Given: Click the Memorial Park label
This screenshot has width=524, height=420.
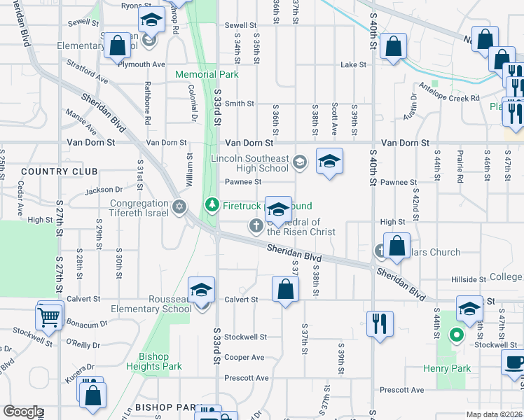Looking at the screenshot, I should pyautogui.click(x=207, y=74).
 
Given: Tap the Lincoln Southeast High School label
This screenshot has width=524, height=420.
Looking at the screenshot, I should pyautogui.click(x=250, y=163).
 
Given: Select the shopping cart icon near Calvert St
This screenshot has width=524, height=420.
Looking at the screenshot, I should pyautogui.click(x=49, y=317).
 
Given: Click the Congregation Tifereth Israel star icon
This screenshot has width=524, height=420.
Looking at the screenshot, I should pyautogui.click(x=179, y=207).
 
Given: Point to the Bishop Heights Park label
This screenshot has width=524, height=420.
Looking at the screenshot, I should pyautogui.click(x=155, y=361).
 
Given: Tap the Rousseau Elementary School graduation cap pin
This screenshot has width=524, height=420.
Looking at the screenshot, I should pyautogui.click(x=201, y=290).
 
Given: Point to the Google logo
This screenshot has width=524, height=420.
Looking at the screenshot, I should pyautogui.click(x=23, y=412).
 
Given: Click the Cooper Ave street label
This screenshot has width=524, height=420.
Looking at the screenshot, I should pyautogui.click(x=244, y=357).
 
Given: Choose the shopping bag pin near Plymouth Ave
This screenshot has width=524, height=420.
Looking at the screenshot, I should pyautogui.click(x=118, y=46).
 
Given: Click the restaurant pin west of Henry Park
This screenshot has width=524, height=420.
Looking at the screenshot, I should pyautogui.click(x=380, y=323).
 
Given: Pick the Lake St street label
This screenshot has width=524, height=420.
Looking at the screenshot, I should pyautogui.click(x=353, y=64).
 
